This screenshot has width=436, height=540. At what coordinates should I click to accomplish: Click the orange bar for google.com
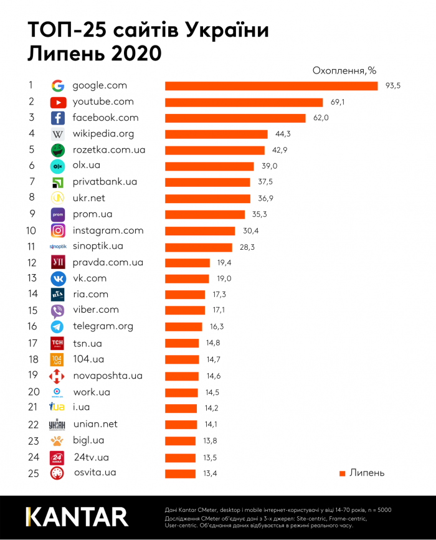tap(271, 85)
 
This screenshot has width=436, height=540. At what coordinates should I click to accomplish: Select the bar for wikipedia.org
tap(216, 134)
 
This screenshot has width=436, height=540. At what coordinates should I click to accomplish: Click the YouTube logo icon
tap(58, 102)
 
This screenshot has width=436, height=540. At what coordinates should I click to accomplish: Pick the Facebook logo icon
tap(58, 118)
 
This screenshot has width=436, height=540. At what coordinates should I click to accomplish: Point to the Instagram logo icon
tap(58, 230)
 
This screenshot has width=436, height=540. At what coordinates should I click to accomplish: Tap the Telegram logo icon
tap(58, 326)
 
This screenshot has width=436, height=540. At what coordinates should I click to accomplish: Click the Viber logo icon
tap(58, 310)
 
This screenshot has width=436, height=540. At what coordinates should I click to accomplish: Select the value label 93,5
tap(392, 86)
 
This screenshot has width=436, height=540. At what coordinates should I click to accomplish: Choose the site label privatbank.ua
tap(105, 182)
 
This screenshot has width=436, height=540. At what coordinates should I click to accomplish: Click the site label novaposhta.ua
tap(107, 376)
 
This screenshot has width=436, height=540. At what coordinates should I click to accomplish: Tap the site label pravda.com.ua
tap(108, 262)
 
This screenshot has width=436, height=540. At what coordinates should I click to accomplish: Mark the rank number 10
tap(29, 230)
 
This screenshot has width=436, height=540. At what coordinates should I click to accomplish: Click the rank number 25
tap(29, 473)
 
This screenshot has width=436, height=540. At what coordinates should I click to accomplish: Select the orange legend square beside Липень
tap(342, 473)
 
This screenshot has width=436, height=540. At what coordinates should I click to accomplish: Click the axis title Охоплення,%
tap(344, 70)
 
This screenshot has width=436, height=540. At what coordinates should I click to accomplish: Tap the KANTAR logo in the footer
tap(77, 517)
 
